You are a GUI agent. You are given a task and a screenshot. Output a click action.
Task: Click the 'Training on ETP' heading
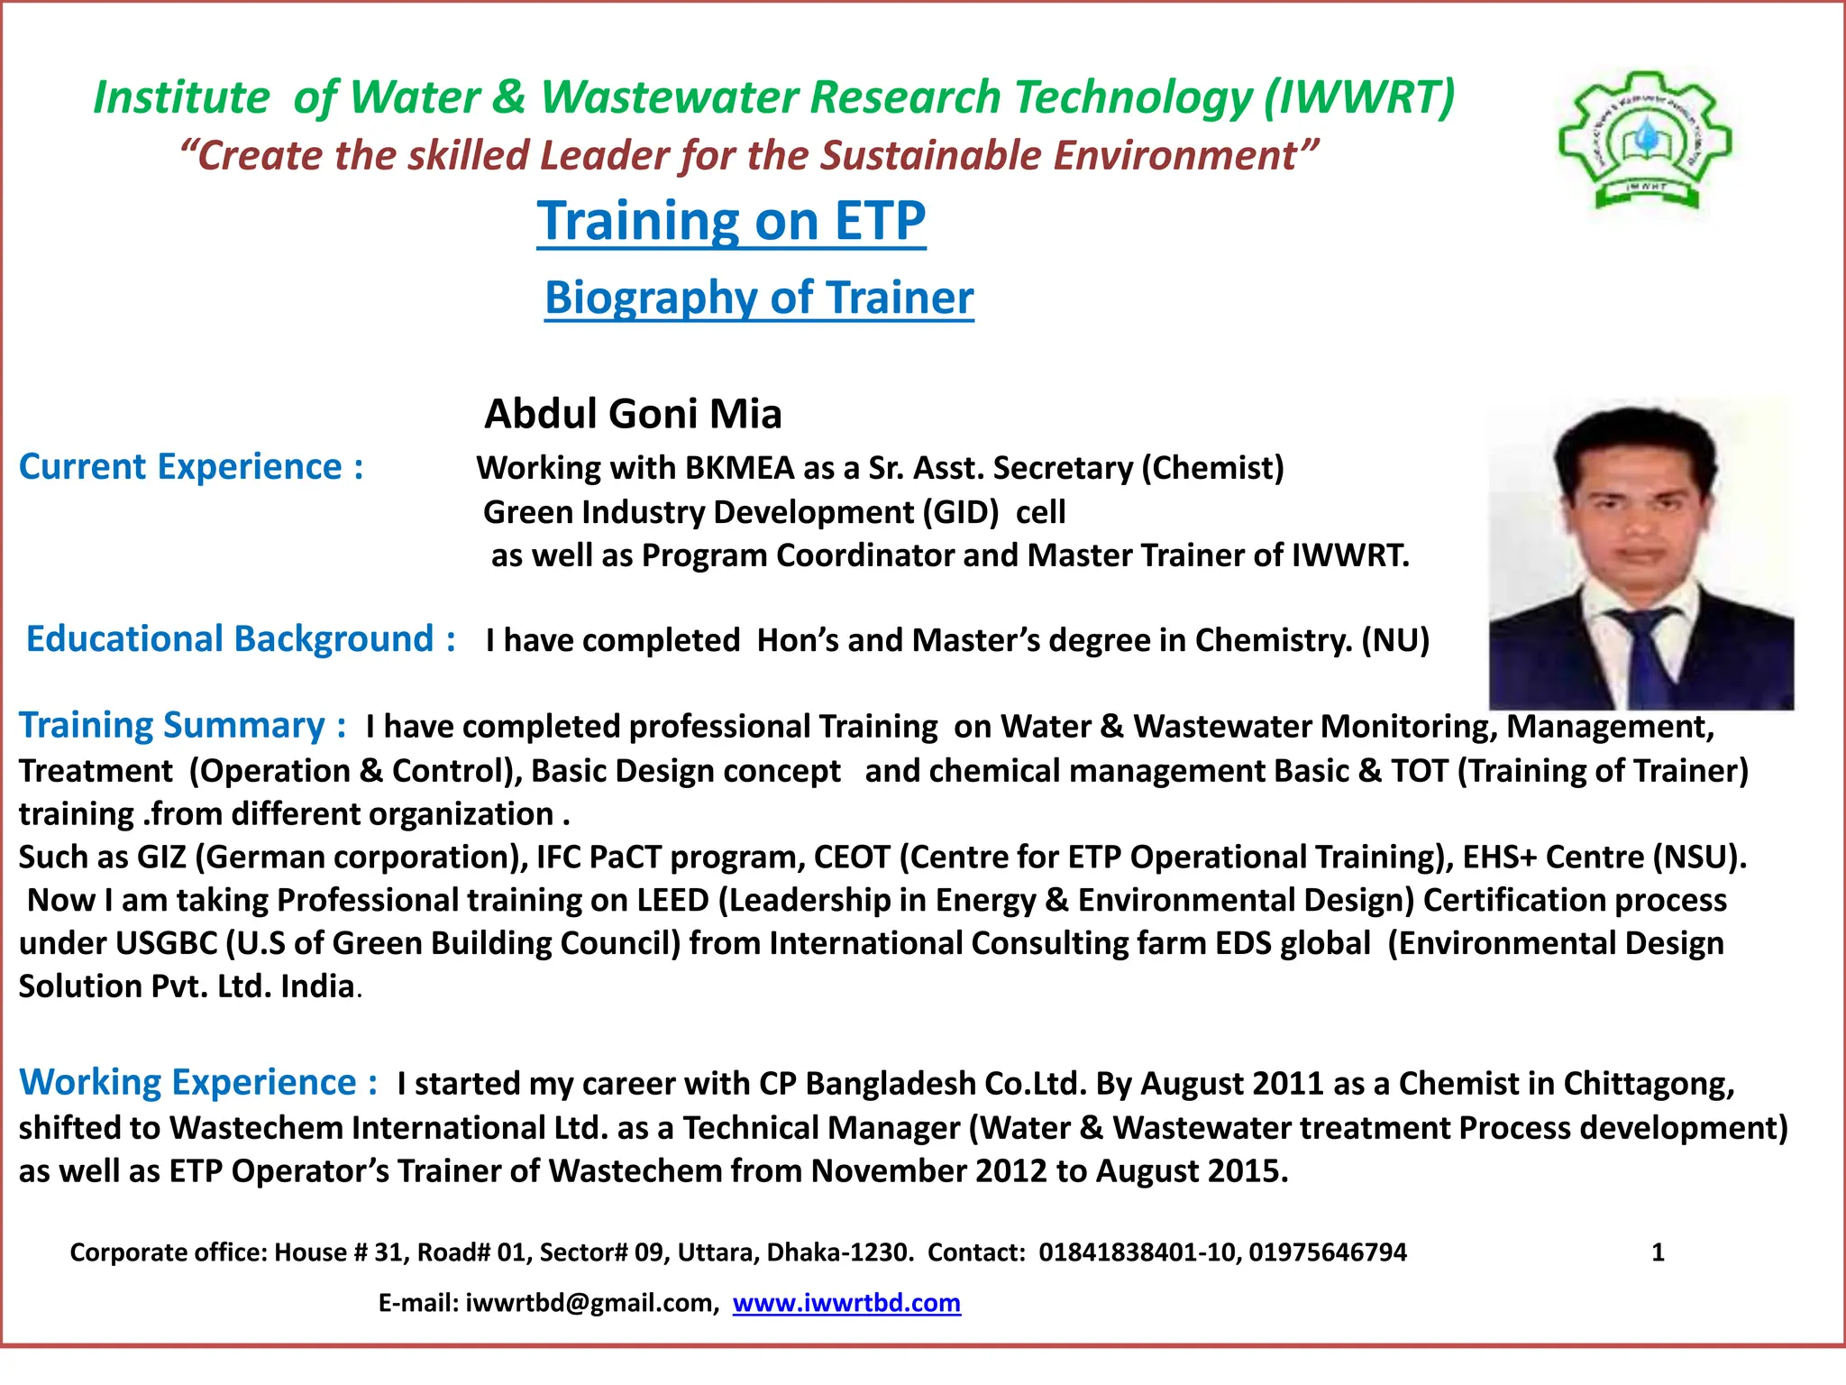tap(731, 221)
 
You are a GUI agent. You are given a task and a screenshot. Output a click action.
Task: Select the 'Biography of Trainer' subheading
tap(759, 298)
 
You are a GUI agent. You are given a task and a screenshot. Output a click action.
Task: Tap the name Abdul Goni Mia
tap(633, 414)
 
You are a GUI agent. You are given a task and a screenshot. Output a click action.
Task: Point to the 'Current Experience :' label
tap(191, 467)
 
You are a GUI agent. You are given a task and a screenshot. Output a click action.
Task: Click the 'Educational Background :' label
tap(241, 639)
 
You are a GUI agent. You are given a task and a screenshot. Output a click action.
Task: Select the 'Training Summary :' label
tap(183, 726)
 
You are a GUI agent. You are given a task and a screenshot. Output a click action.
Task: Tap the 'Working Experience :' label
tap(198, 1082)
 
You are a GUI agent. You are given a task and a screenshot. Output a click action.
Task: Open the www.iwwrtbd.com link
tap(846, 1303)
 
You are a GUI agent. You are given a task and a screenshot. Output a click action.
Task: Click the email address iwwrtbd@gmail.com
tap(591, 1303)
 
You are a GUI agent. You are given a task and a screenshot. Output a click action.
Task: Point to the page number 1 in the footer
tap(1657, 1252)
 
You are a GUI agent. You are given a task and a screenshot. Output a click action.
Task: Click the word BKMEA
tap(739, 468)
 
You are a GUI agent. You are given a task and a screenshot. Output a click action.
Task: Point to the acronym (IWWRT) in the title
tap(1359, 97)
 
